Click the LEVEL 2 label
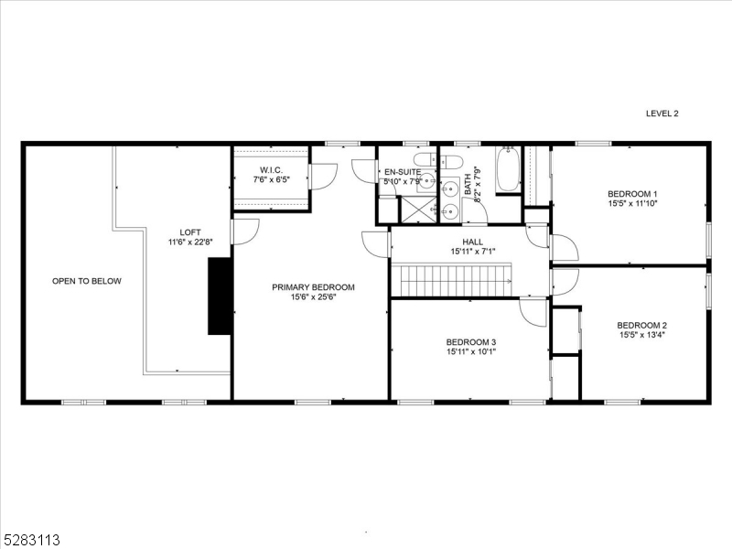(662, 113)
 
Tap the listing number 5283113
(32, 539)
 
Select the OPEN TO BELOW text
(86, 281)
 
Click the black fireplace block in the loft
(220, 296)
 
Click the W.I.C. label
(270, 169)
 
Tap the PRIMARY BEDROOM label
(313, 287)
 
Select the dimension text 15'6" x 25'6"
(313, 297)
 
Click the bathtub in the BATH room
(508, 170)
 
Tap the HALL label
(472, 242)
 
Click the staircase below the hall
(454, 279)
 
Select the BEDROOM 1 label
(632, 194)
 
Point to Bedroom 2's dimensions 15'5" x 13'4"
(641, 336)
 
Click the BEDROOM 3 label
(471, 341)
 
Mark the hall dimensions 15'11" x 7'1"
(472, 252)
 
